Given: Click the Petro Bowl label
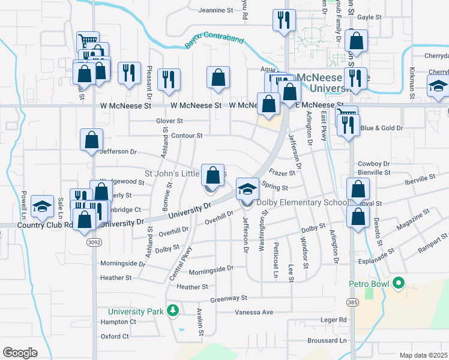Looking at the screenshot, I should (x=370, y=283).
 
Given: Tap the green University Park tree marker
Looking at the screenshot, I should (x=173, y=311).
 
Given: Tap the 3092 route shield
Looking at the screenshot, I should (x=93, y=243).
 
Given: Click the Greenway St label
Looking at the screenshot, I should (x=229, y=298).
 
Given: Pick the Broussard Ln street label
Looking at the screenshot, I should (x=327, y=340).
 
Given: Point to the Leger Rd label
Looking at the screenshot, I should (x=334, y=320).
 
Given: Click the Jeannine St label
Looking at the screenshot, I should (x=215, y=10).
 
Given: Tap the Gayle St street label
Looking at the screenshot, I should (x=370, y=18).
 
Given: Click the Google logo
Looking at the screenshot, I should (x=20, y=353).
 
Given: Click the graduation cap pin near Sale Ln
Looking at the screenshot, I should (x=42, y=207).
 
